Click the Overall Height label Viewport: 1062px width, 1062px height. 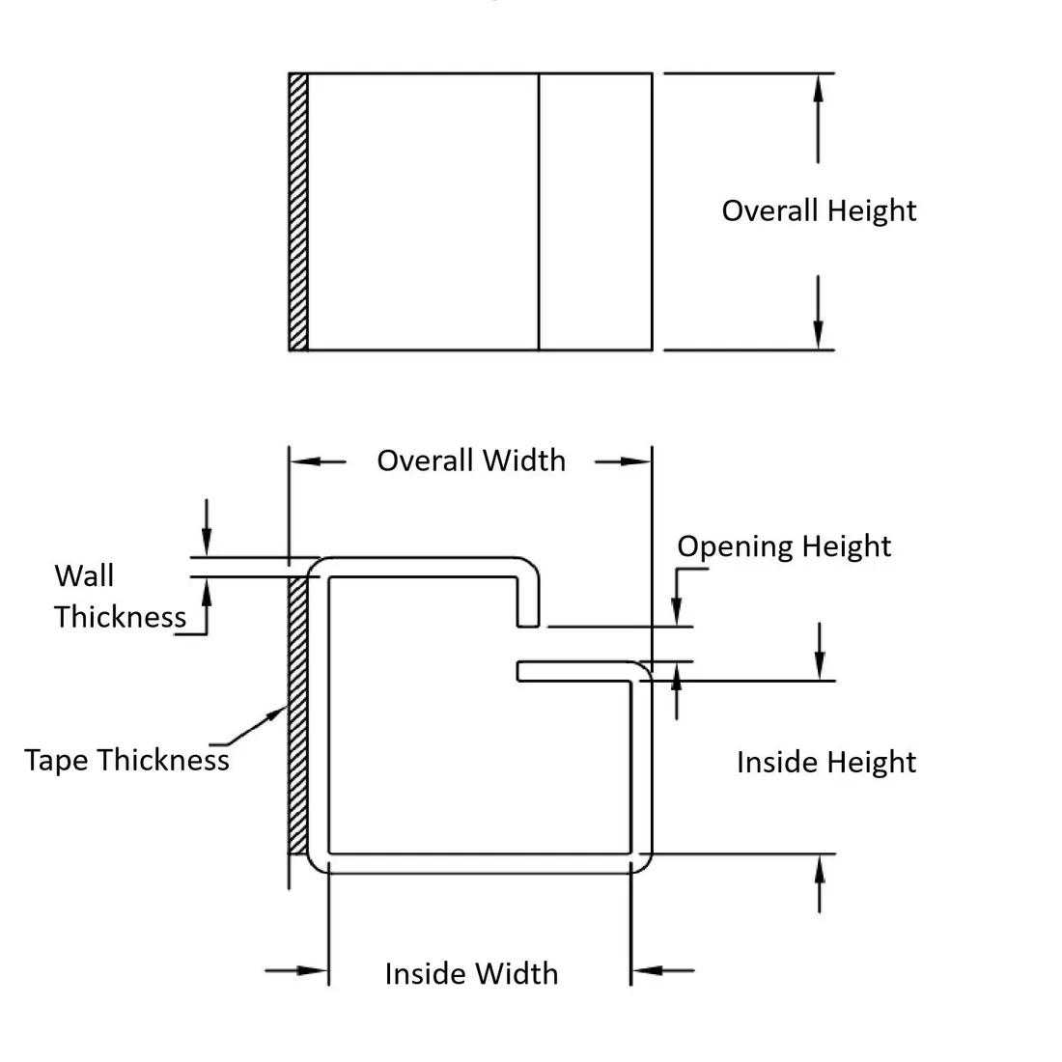(x=819, y=210)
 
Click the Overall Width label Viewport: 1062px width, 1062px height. (x=471, y=461)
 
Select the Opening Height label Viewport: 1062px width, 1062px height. (x=783, y=546)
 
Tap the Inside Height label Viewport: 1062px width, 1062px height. (x=825, y=762)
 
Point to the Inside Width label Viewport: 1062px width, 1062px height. (x=471, y=972)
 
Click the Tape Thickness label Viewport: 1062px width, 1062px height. (x=126, y=760)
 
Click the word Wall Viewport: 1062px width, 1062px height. (x=84, y=575)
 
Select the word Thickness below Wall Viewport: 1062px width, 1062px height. (x=120, y=617)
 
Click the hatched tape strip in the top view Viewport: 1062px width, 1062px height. (x=298, y=211)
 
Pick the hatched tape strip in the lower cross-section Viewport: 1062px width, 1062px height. (x=298, y=714)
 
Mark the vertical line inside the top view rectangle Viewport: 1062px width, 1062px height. (x=538, y=211)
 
